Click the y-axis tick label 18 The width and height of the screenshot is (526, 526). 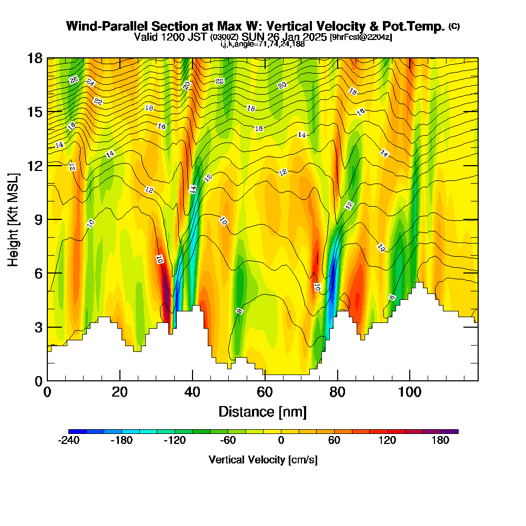coord(35,58)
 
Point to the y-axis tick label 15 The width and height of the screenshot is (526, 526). coord(35,112)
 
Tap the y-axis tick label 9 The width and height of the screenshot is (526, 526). coord(38,219)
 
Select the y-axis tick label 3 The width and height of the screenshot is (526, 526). coord(38,327)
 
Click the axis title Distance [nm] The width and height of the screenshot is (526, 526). coord(262,411)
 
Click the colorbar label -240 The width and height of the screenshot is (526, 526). coord(68,441)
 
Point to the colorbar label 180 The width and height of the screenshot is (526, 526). coord(440,441)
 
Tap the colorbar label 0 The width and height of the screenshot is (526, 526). coord(281,441)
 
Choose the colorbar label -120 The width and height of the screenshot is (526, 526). coord(175,441)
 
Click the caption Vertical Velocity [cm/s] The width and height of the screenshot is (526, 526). coord(262,460)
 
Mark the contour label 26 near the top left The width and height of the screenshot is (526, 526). coord(74,80)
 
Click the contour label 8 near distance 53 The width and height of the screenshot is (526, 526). coord(240,311)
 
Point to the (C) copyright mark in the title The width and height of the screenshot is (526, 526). coord(454,26)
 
